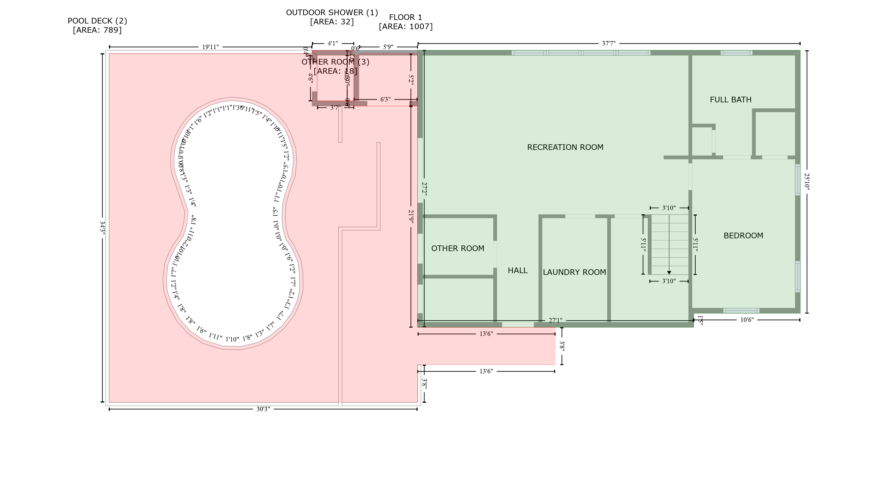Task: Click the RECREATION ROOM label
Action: pyautogui.click(x=565, y=147)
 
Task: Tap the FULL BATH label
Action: pyautogui.click(x=730, y=100)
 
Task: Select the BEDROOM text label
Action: pyautogui.click(x=743, y=236)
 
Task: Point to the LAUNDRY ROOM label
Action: pyautogui.click(x=574, y=272)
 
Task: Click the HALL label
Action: pyautogui.click(x=518, y=270)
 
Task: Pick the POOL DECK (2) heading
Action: pyautogui.click(x=97, y=21)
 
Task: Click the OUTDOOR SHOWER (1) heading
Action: pyautogui.click(x=332, y=12)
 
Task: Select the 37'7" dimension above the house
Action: pyautogui.click(x=608, y=44)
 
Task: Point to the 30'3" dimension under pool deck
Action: pyautogui.click(x=263, y=409)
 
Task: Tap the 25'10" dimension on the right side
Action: pyautogui.click(x=807, y=181)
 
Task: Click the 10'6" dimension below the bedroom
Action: pyautogui.click(x=747, y=320)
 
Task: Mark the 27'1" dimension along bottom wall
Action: pyautogui.click(x=555, y=321)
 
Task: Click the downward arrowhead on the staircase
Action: pyautogui.click(x=669, y=273)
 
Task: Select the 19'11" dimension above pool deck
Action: pyautogui.click(x=210, y=47)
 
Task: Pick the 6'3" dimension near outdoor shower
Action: pyautogui.click(x=385, y=99)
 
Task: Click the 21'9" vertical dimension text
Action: pyautogui.click(x=411, y=217)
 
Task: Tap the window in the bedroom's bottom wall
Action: pyautogui.click(x=741, y=310)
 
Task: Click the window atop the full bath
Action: pyautogui.click(x=736, y=53)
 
